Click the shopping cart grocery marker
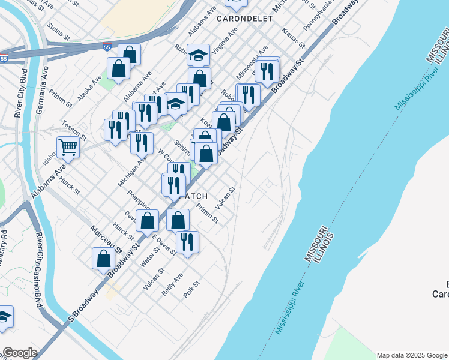(x=68, y=147)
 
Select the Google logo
(x=20, y=353)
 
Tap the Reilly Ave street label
(x=172, y=284)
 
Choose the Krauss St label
(x=294, y=37)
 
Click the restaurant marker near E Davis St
(x=187, y=242)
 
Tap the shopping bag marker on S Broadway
(x=104, y=259)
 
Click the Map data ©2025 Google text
(x=412, y=355)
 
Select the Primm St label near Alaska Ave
(x=62, y=98)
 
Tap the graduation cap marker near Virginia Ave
(x=198, y=55)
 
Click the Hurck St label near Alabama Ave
(x=70, y=187)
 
